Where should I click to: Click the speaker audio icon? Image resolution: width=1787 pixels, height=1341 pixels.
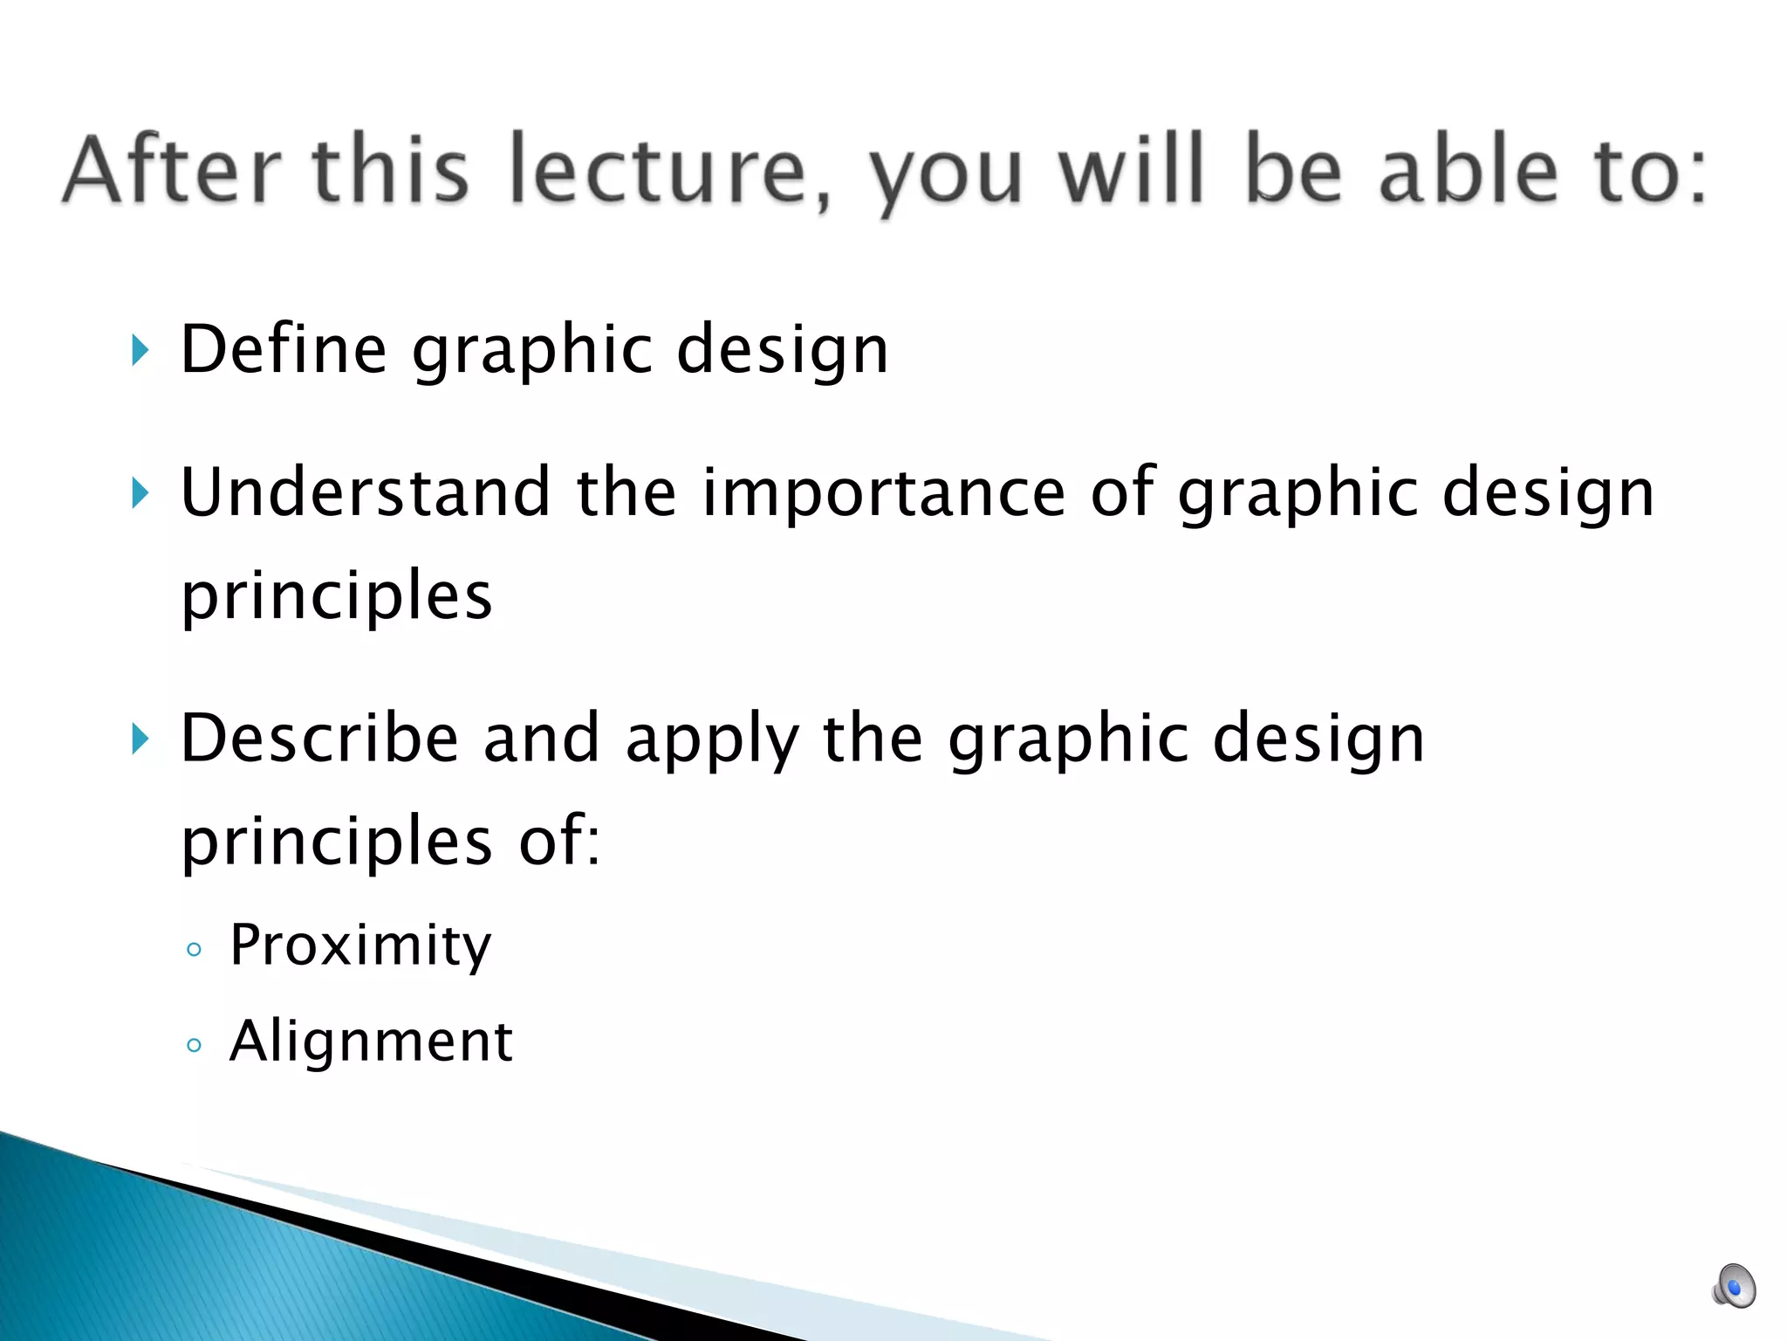pyautogui.click(x=1733, y=1286)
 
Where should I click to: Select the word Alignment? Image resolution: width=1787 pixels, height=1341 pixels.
pyautogui.click(x=371, y=1041)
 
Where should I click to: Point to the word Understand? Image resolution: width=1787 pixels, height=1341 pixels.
pyautogui.click(x=366, y=492)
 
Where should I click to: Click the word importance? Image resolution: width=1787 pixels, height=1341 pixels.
pyautogui.click(x=883, y=492)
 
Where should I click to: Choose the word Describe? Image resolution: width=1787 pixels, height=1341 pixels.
pyautogui.click(x=319, y=739)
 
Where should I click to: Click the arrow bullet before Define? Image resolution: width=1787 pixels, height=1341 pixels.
pyautogui.click(x=140, y=350)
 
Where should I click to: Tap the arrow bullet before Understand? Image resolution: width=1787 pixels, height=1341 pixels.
pyautogui.click(x=140, y=493)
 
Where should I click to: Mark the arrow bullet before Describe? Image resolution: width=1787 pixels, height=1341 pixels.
pyautogui.click(x=140, y=739)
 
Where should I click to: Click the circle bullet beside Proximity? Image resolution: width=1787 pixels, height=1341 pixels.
pyautogui.click(x=194, y=949)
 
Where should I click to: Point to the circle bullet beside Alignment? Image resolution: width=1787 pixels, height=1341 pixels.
pyautogui.click(x=194, y=1044)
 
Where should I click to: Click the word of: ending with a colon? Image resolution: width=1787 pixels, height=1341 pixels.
pyautogui.click(x=558, y=840)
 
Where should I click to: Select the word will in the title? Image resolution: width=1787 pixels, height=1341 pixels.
pyautogui.click(x=1133, y=170)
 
